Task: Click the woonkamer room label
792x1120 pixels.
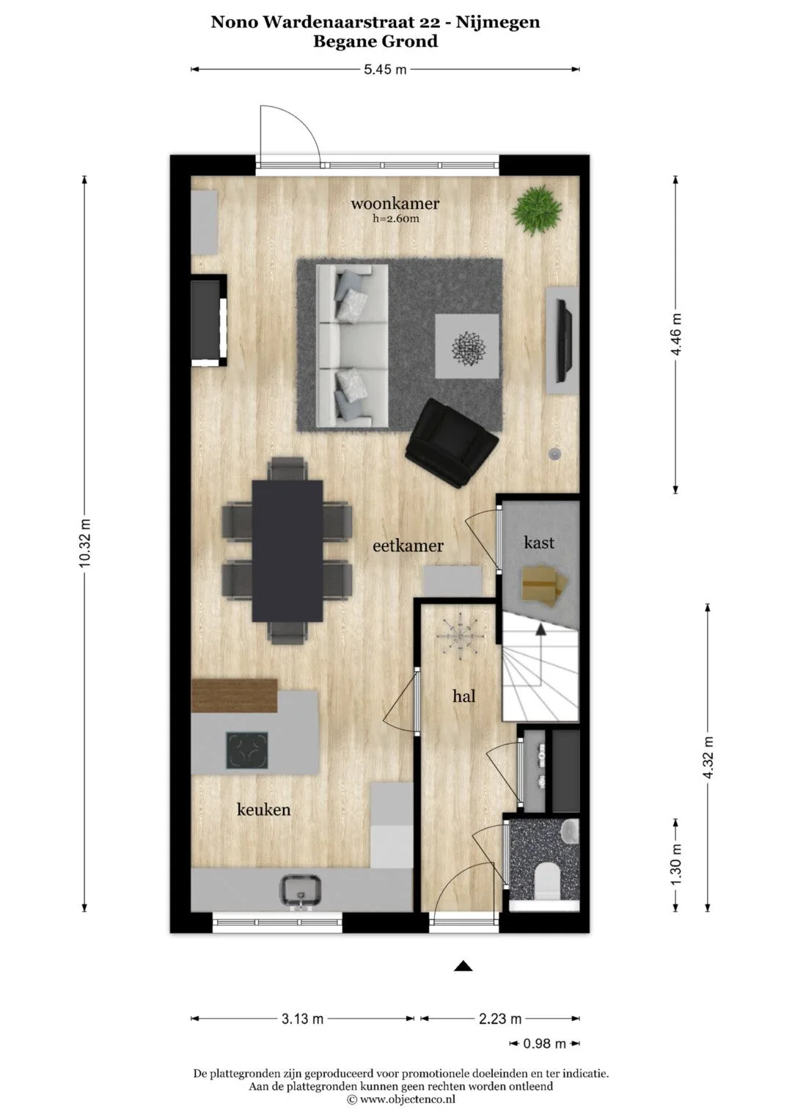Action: (x=395, y=203)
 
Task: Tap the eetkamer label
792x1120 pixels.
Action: (x=408, y=546)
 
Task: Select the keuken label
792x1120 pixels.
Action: (x=263, y=810)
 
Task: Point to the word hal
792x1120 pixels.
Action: (x=464, y=696)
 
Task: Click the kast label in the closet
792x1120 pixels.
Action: (x=539, y=542)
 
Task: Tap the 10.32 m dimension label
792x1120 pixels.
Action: (x=84, y=543)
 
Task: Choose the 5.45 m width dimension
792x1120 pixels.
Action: (x=385, y=70)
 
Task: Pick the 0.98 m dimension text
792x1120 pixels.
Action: (x=544, y=1043)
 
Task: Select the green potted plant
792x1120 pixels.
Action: (x=537, y=210)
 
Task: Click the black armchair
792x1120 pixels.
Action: (x=452, y=443)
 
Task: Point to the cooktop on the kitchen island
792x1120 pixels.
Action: (x=247, y=750)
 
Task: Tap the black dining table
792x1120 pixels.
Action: (x=287, y=551)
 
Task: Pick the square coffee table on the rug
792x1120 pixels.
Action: (x=467, y=346)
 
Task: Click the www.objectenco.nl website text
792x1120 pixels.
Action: (x=407, y=1098)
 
